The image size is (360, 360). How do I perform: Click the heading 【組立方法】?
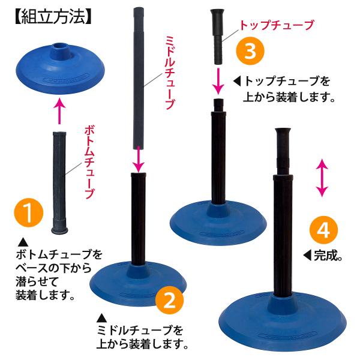tap(53, 17)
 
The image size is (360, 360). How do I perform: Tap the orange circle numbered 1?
tap(29, 212)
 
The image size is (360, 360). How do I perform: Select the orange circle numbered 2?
tap(170, 300)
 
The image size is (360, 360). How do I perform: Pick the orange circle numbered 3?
tap(250, 50)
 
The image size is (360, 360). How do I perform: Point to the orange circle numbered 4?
tap(324, 229)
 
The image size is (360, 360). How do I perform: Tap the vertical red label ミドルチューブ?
tap(170, 73)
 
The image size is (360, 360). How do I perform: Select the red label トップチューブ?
tap(276, 25)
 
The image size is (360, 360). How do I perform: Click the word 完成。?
tap(328, 255)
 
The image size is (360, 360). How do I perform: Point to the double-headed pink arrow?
tap(322, 178)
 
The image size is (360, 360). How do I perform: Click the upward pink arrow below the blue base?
tap(59, 111)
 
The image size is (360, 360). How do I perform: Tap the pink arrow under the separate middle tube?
tap(139, 159)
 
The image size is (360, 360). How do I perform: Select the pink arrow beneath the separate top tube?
tap(218, 81)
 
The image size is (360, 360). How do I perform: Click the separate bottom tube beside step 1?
tap(59, 183)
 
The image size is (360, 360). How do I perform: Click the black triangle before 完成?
tap(307, 256)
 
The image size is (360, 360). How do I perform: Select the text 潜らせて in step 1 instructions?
tap(37, 281)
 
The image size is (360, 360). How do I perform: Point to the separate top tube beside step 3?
tap(218, 37)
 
